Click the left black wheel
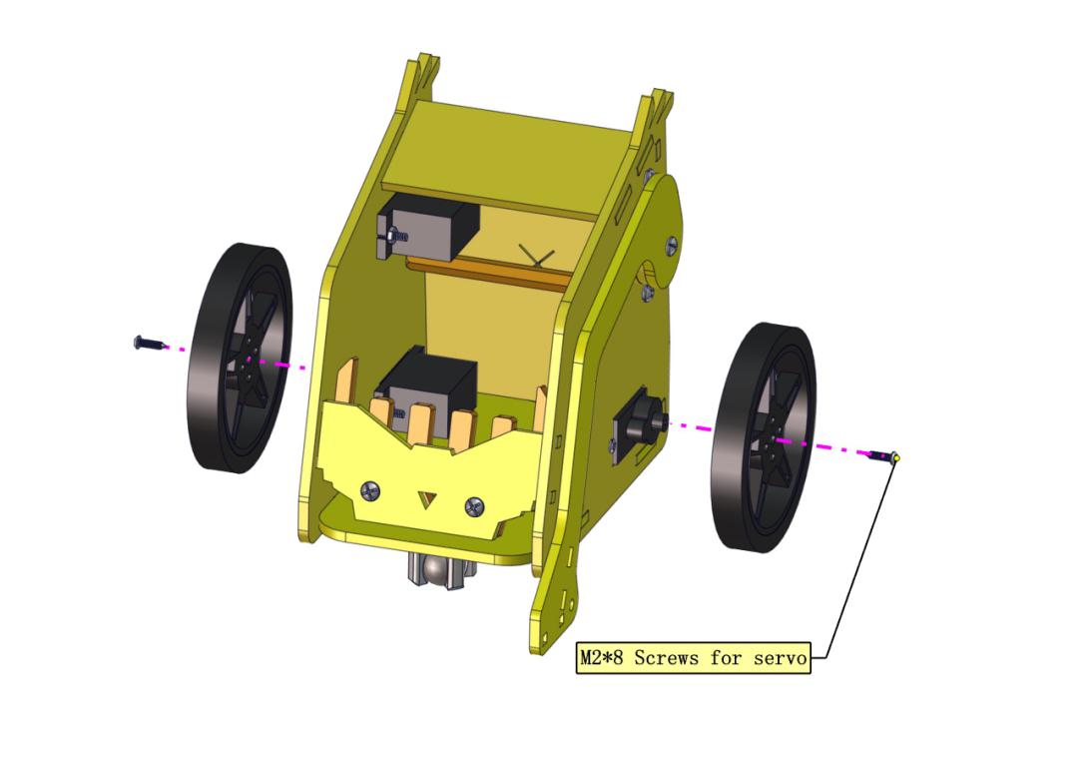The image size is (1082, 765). (239, 358)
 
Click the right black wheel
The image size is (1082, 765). (763, 437)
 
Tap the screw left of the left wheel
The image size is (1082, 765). (149, 343)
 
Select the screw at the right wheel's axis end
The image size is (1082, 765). (884, 455)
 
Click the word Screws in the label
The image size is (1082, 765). (666, 658)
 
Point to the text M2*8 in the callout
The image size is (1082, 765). (601, 658)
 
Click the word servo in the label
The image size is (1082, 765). (780, 659)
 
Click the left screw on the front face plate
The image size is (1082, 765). (370, 491)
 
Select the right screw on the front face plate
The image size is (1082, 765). (474, 506)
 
